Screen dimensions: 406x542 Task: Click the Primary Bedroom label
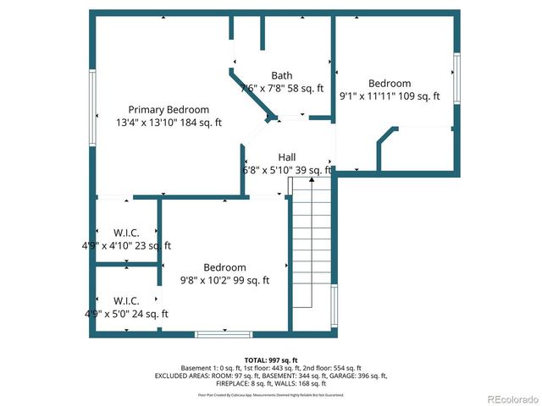point(169,109)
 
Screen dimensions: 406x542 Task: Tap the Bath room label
point(282,75)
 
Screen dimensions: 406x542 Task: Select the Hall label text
point(287,157)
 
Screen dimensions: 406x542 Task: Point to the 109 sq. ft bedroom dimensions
point(390,96)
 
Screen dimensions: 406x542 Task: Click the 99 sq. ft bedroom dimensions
point(224,280)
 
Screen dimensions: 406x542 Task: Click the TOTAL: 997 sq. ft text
point(271,360)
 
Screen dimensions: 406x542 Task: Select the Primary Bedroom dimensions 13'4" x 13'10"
point(169,123)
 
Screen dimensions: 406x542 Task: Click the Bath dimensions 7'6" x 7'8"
point(282,88)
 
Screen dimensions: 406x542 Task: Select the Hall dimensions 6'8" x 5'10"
point(287,170)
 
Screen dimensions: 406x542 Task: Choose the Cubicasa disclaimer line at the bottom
point(271,394)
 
